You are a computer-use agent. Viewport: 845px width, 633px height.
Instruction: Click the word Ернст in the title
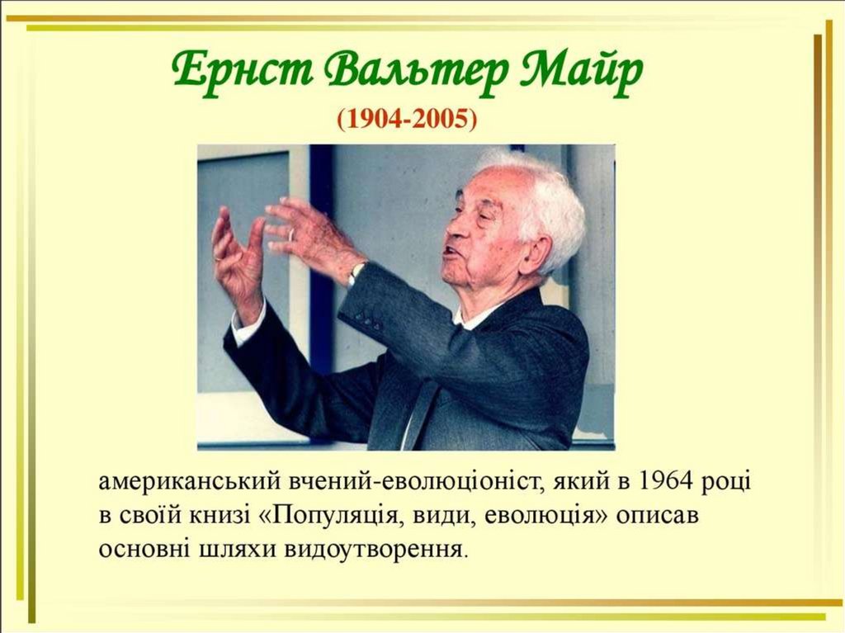[x=243, y=71]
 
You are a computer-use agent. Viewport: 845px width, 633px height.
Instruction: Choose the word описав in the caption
[x=657, y=516]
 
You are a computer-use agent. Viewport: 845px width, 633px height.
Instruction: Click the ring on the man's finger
[x=291, y=234]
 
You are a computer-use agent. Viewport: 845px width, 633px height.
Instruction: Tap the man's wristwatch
[x=356, y=272]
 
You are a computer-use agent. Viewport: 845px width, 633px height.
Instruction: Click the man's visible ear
[x=539, y=249]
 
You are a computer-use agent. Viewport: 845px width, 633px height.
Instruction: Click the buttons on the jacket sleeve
[x=366, y=322]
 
